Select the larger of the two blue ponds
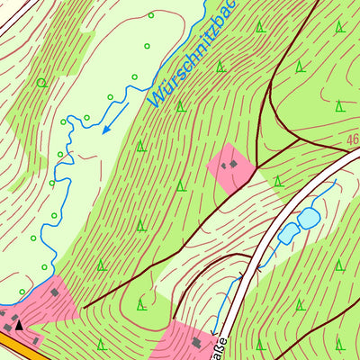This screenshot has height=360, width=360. point(309,218)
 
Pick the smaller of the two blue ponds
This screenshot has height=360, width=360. point(289,234)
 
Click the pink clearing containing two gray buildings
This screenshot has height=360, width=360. point(231,167)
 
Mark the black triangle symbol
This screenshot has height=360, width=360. point(19,324)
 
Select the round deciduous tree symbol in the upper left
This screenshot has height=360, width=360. point(41,83)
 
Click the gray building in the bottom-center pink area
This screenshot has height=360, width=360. point(196,342)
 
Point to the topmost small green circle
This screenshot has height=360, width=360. point(150,15)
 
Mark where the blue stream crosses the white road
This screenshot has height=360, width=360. point(255,267)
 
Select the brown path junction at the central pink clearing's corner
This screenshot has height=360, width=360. point(256,166)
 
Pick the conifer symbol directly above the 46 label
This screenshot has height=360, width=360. point(339,106)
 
